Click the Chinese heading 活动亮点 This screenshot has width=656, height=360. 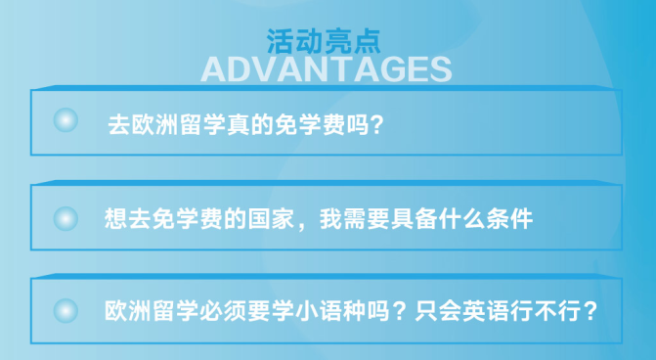pyautogui.click(x=324, y=41)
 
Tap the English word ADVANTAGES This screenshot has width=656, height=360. pyautogui.click(x=327, y=69)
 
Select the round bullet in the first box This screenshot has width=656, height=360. pyautogui.click(x=66, y=120)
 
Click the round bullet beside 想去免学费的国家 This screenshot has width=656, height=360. pyautogui.click(x=66, y=218)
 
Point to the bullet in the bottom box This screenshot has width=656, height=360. pyautogui.click(x=66, y=311)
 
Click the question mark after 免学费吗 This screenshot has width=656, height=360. pyautogui.click(x=377, y=124)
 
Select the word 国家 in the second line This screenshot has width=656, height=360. pyautogui.click(x=271, y=218)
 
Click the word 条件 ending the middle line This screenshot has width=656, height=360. pyautogui.click(x=509, y=218)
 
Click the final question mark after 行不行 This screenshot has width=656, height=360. pyautogui.click(x=590, y=311)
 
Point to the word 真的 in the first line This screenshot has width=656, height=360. pyautogui.click(x=250, y=124)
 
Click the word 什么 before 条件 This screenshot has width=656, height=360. pyautogui.click(x=461, y=218)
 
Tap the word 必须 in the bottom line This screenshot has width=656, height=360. pyautogui.click(x=223, y=311)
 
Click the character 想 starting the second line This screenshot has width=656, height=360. pyautogui.click(x=116, y=218)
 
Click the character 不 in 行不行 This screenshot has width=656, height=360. pyautogui.click(x=546, y=311)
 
